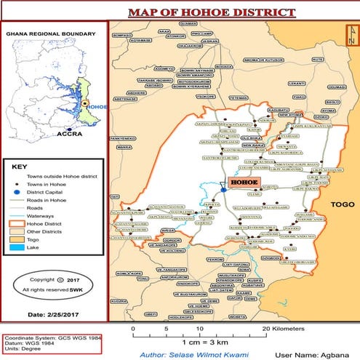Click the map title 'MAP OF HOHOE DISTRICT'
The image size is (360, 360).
point(211,12)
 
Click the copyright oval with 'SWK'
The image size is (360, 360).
point(52,284)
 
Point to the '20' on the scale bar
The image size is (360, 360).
point(266,327)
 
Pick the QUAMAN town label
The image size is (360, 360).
point(188,24)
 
